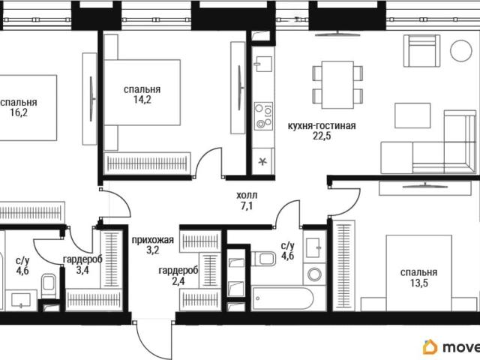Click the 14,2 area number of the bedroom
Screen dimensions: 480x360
pos(142,100)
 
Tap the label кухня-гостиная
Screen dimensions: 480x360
pos(322,126)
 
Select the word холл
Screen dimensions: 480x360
pos(247,195)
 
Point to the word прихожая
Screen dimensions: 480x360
pos(152,240)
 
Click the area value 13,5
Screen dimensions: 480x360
pos(418,283)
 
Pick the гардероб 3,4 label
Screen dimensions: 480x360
pos(82,265)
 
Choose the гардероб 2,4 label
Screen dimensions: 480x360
pos(178,276)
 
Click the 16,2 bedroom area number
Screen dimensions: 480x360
pos(19,112)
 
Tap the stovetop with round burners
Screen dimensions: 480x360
pos(263,115)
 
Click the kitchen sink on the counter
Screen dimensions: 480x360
pos(263,64)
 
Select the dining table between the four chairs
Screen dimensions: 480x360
pos(337,85)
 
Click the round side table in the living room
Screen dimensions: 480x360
pos(460,51)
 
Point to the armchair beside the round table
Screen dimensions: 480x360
pos(421,51)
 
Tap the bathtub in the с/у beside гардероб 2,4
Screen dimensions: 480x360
pos(282,298)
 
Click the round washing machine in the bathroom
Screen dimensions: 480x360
pos(314,274)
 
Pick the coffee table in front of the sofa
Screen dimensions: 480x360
pos(412,115)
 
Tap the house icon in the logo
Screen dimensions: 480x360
pos(430,346)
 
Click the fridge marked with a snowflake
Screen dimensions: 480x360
pos(262,161)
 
